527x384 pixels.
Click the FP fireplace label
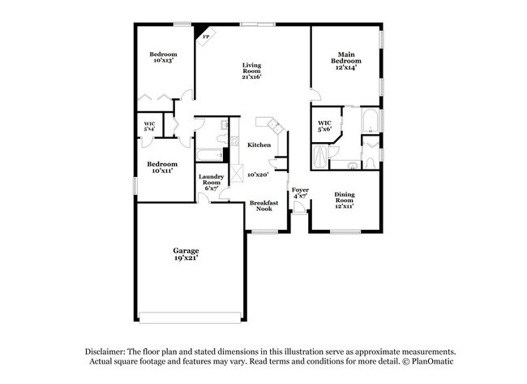click(x=204, y=37)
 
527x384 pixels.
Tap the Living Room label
click(x=251, y=71)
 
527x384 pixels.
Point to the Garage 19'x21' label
click(x=186, y=253)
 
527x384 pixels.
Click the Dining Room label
click(x=345, y=199)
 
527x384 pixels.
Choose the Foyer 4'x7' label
click(x=300, y=192)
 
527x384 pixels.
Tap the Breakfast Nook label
click(x=263, y=205)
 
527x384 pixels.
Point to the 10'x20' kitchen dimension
click(x=258, y=174)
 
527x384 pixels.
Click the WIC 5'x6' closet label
click(x=324, y=126)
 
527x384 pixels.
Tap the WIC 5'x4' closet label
click(x=150, y=126)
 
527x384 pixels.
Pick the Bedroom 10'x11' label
click(x=162, y=166)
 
